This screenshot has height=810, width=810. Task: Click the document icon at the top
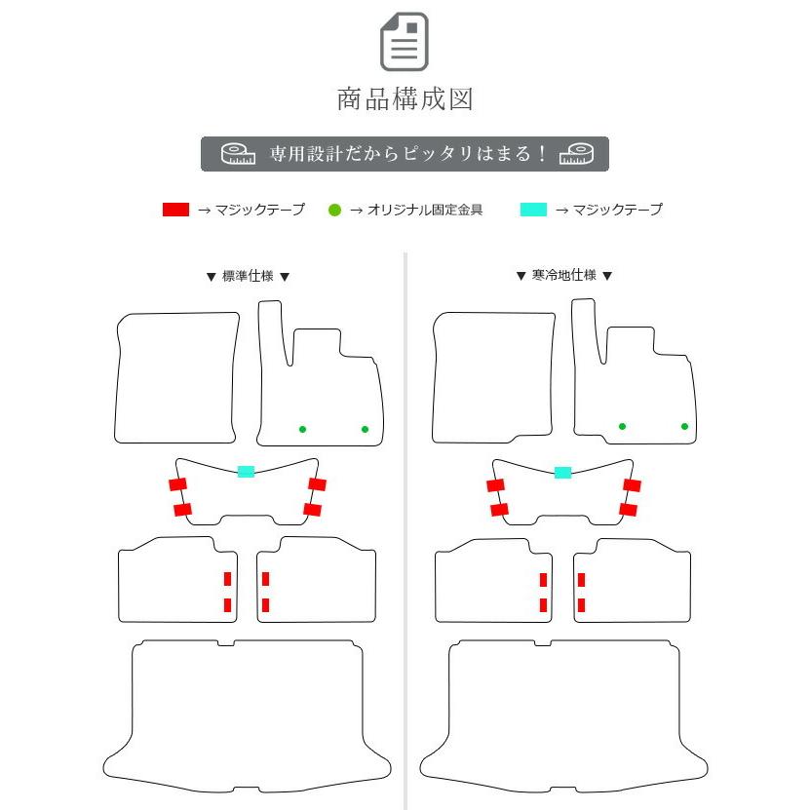click(405, 42)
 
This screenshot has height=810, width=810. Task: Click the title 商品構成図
click(405, 98)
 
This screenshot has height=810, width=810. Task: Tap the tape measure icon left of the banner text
click(237, 154)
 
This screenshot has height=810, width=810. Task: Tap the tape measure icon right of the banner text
click(577, 154)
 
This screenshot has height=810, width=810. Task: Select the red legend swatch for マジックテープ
click(175, 210)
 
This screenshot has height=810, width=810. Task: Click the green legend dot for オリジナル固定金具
click(334, 210)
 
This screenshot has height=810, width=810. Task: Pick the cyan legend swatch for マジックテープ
click(533, 210)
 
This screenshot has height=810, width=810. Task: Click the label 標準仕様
click(248, 276)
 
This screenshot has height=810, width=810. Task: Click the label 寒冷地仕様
click(563, 276)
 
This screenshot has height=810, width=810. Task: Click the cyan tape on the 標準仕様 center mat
click(246, 472)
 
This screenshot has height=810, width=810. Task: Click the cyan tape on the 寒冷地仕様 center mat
click(562, 473)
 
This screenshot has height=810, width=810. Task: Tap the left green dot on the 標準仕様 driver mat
click(302, 429)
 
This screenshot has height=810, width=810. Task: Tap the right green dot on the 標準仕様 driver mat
click(365, 429)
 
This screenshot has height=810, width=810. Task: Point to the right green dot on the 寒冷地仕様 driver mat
click(684, 426)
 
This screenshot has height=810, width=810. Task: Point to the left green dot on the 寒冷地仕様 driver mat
click(622, 426)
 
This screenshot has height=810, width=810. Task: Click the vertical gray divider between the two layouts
click(405, 526)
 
